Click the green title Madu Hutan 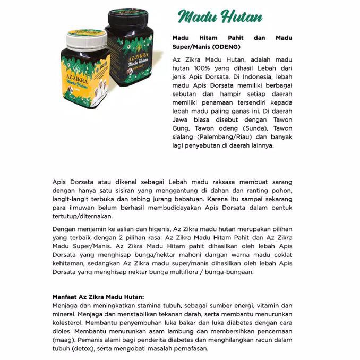tap(220, 16)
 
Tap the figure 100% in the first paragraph tap(196, 69)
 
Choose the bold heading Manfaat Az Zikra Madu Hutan tap(98, 297)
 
